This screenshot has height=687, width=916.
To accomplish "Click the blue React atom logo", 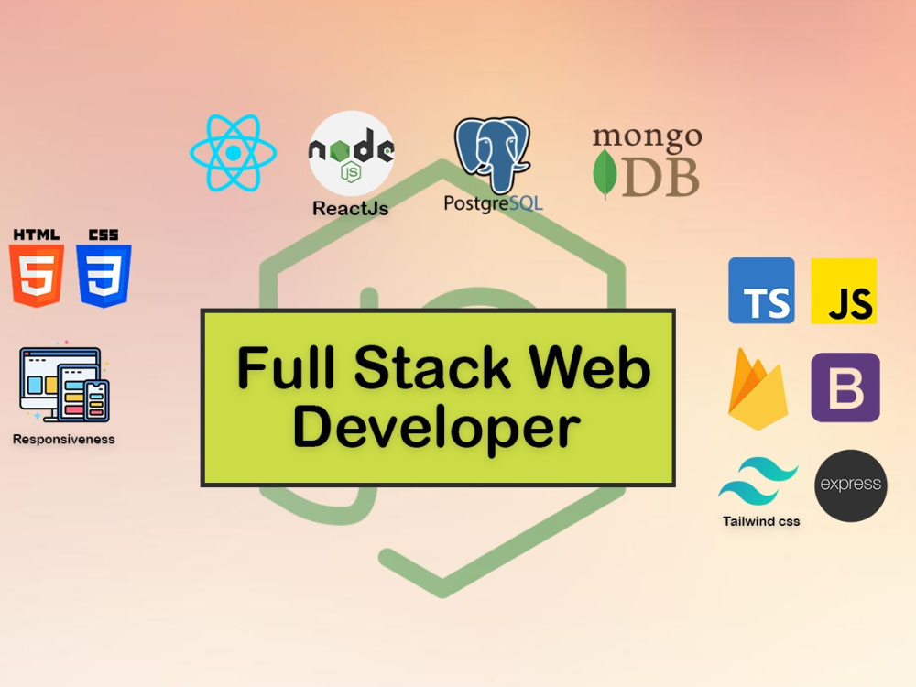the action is pyautogui.click(x=233, y=152).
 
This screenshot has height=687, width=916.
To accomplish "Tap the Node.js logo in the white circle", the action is pyautogui.click(x=351, y=153).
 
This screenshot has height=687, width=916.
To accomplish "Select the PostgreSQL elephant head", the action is pyautogui.click(x=492, y=154).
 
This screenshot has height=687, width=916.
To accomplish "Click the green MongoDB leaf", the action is pyautogui.click(x=605, y=174).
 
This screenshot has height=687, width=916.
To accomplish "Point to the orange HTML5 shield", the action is pyautogui.click(x=37, y=275).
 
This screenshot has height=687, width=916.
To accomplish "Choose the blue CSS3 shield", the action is pyautogui.click(x=104, y=275).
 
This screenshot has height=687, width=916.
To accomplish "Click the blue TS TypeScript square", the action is pyautogui.click(x=761, y=290).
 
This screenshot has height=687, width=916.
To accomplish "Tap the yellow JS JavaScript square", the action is pyautogui.click(x=844, y=290).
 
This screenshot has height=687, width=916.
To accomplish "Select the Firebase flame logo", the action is pyautogui.click(x=758, y=389).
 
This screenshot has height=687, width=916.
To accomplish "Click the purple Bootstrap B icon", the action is pyautogui.click(x=845, y=387).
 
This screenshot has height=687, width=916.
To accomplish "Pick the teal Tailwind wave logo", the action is pyautogui.click(x=758, y=482).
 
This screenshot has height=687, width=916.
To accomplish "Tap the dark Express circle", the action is pyautogui.click(x=851, y=485).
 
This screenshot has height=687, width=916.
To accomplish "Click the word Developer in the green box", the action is pyautogui.click(x=436, y=428).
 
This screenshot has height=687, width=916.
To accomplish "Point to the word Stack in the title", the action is pyautogui.click(x=432, y=367).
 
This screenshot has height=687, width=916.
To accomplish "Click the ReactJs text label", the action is pyautogui.click(x=351, y=208).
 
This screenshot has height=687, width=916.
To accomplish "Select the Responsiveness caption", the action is pyautogui.click(x=64, y=440).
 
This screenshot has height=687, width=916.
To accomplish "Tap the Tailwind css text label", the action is pyautogui.click(x=761, y=521).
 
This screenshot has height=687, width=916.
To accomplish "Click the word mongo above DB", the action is pyautogui.click(x=647, y=138).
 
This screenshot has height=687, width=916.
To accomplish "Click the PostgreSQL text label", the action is pyautogui.click(x=493, y=204).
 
